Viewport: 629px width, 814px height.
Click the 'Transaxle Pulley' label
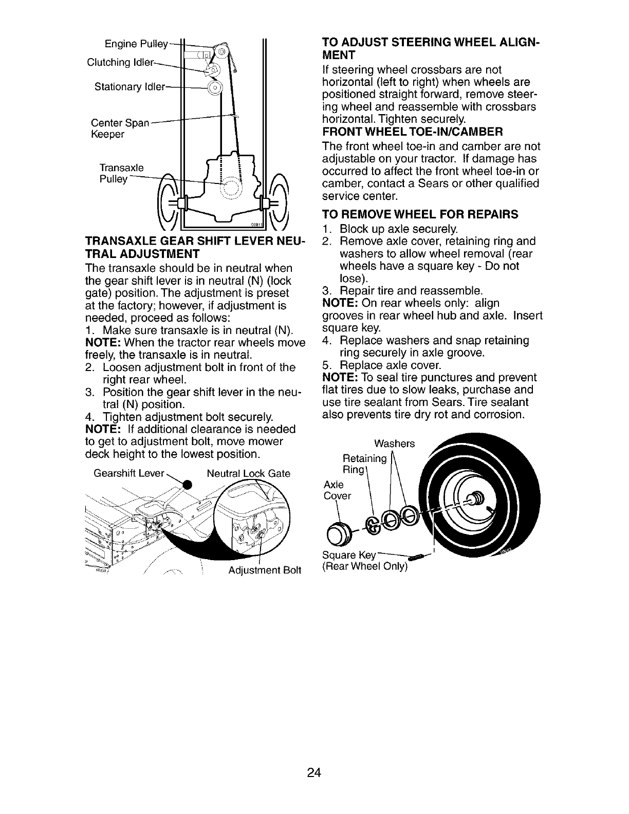(x=122, y=173)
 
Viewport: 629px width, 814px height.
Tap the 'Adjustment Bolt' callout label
(x=264, y=570)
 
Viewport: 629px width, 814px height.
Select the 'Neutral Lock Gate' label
(x=248, y=473)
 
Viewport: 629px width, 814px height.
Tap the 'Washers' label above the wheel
(x=394, y=443)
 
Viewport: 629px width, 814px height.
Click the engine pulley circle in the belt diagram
(x=221, y=52)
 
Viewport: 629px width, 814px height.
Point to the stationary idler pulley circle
(x=214, y=86)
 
